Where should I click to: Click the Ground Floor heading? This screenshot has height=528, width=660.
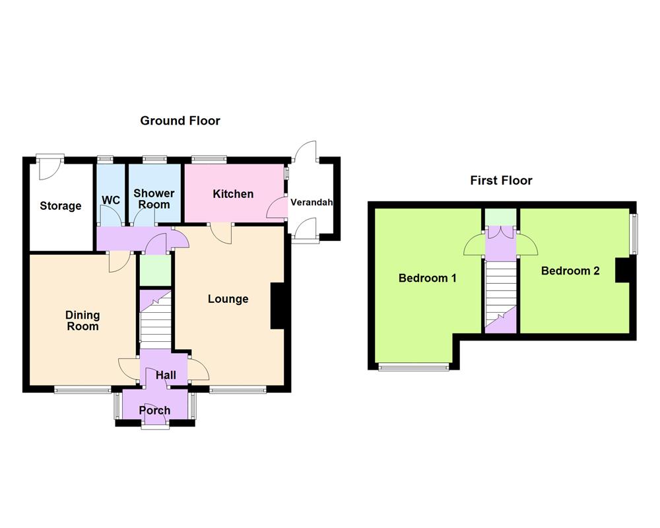(x=180, y=121)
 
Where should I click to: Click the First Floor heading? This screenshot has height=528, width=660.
(x=501, y=180)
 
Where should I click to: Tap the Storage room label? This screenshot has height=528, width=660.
(x=61, y=206)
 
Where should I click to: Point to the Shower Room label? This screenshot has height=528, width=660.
(x=154, y=199)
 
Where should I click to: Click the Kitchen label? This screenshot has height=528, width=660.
(x=233, y=194)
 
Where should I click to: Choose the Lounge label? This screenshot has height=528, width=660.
(x=228, y=299)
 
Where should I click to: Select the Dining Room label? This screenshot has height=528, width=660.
(x=82, y=321)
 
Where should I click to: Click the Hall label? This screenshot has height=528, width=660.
(x=166, y=375)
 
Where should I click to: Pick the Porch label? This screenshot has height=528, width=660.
(x=154, y=411)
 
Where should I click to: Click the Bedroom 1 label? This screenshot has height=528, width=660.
(x=427, y=278)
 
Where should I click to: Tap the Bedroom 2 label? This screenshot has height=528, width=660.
(x=570, y=271)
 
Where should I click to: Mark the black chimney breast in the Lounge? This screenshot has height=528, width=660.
(x=279, y=306)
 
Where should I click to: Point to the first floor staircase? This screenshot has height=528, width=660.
(x=501, y=290)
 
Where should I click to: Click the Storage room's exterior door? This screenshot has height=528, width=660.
(x=49, y=166)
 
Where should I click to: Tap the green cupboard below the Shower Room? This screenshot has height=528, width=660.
(x=155, y=270)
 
